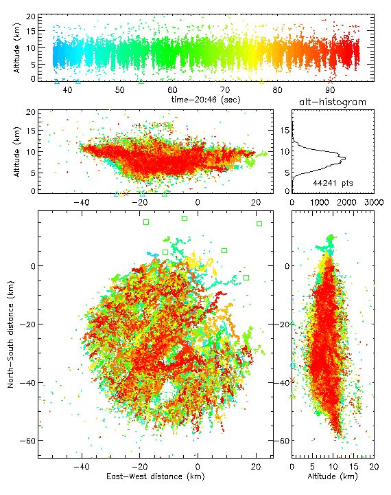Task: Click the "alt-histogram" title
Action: pyautogui.click(x=333, y=102)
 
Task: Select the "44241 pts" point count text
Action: pyautogui.click(x=333, y=183)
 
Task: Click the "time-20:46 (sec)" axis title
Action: pyautogui.click(x=206, y=100)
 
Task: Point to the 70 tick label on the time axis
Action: pyautogui.click(x=224, y=90)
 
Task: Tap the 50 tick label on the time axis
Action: pyautogui.click(x=120, y=90)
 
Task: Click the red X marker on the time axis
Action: pyautogui.click(x=330, y=81)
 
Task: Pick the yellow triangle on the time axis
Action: pyautogui.click(x=262, y=81)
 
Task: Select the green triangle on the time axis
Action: pyautogui.click(x=141, y=81)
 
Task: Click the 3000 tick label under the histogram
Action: pyautogui.click(x=374, y=202)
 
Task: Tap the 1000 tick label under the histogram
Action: pyautogui.click(x=319, y=202)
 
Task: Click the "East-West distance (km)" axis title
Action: pyautogui.click(x=155, y=476)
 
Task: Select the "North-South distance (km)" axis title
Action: pyautogui.click(x=11, y=335)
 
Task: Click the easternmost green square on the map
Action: pyautogui.click(x=259, y=224)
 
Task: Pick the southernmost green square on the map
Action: pyautogui.click(x=246, y=278)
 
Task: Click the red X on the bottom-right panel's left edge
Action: pyautogui.click(x=292, y=379)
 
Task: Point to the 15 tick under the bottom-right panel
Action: pyautogui.click(x=354, y=467)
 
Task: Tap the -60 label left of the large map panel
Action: pyautogui.click(x=27, y=441)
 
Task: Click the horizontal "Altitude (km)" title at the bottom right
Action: pyautogui.click(x=333, y=476)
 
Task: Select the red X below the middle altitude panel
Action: pyautogui.click(x=126, y=193)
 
